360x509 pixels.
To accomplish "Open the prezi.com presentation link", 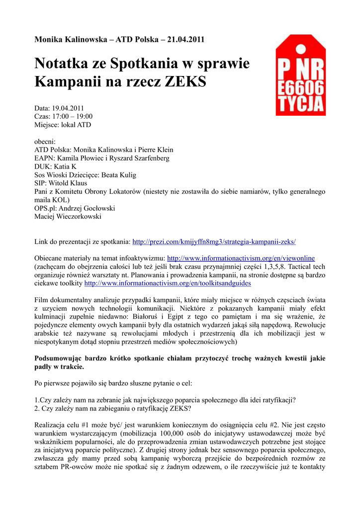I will [214, 242].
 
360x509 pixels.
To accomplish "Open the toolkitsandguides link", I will [168, 283].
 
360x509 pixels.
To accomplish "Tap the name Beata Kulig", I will [119, 175].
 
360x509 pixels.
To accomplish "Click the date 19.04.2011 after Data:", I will [68, 107].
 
